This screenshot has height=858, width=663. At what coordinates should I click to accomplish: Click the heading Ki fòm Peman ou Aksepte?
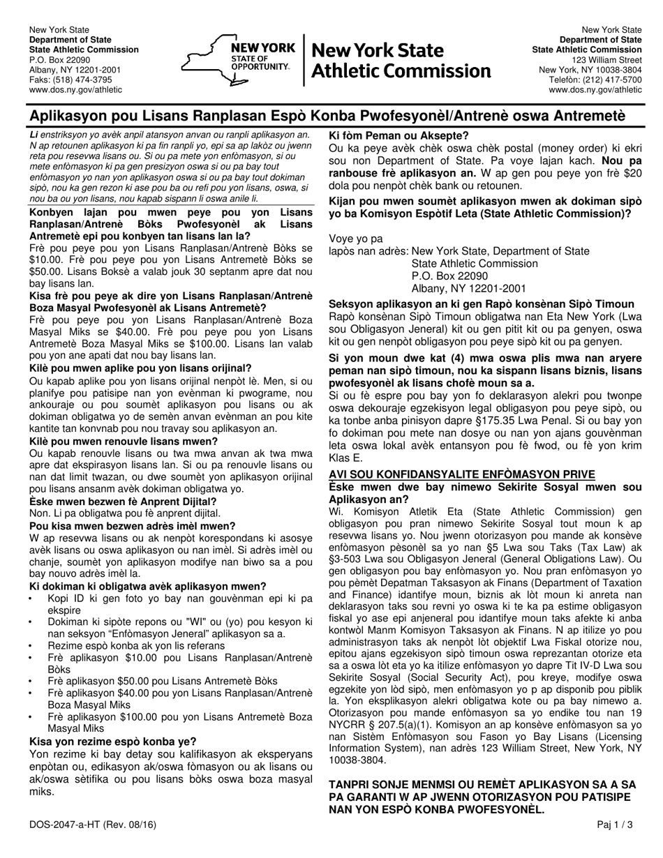(398, 135)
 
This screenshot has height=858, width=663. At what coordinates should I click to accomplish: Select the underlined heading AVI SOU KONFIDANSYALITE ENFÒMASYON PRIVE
(461, 474)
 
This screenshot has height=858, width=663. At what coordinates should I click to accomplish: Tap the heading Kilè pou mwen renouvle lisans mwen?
(124, 442)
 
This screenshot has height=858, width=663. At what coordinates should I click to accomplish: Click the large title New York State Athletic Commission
(401, 61)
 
